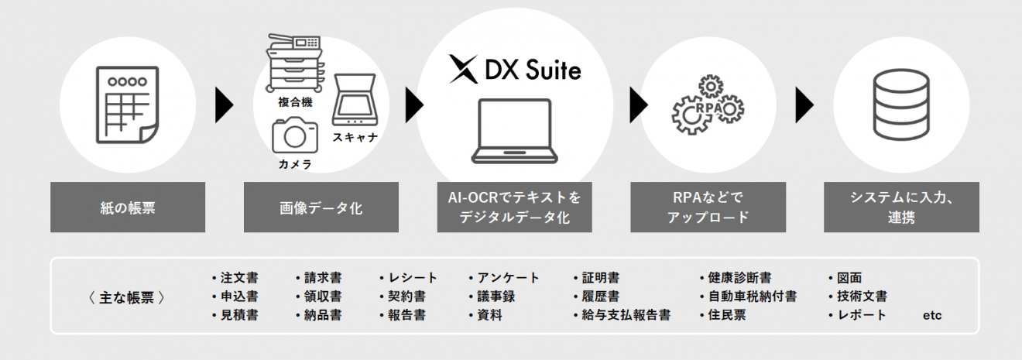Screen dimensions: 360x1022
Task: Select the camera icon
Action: (295, 135)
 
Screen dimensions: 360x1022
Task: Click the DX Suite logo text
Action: (515, 71)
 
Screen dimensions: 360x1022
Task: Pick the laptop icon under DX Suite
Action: (515, 132)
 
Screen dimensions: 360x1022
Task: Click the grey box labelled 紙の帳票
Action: (128, 207)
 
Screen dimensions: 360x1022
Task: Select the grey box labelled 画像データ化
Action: (321, 207)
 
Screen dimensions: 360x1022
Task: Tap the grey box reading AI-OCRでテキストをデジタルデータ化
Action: (515, 207)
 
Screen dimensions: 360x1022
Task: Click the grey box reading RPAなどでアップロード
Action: (708, 207)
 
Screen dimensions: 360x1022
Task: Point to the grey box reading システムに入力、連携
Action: (901, 207)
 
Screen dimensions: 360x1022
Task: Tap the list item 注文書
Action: (238, 278)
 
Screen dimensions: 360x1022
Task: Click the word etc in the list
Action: (932, 316)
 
